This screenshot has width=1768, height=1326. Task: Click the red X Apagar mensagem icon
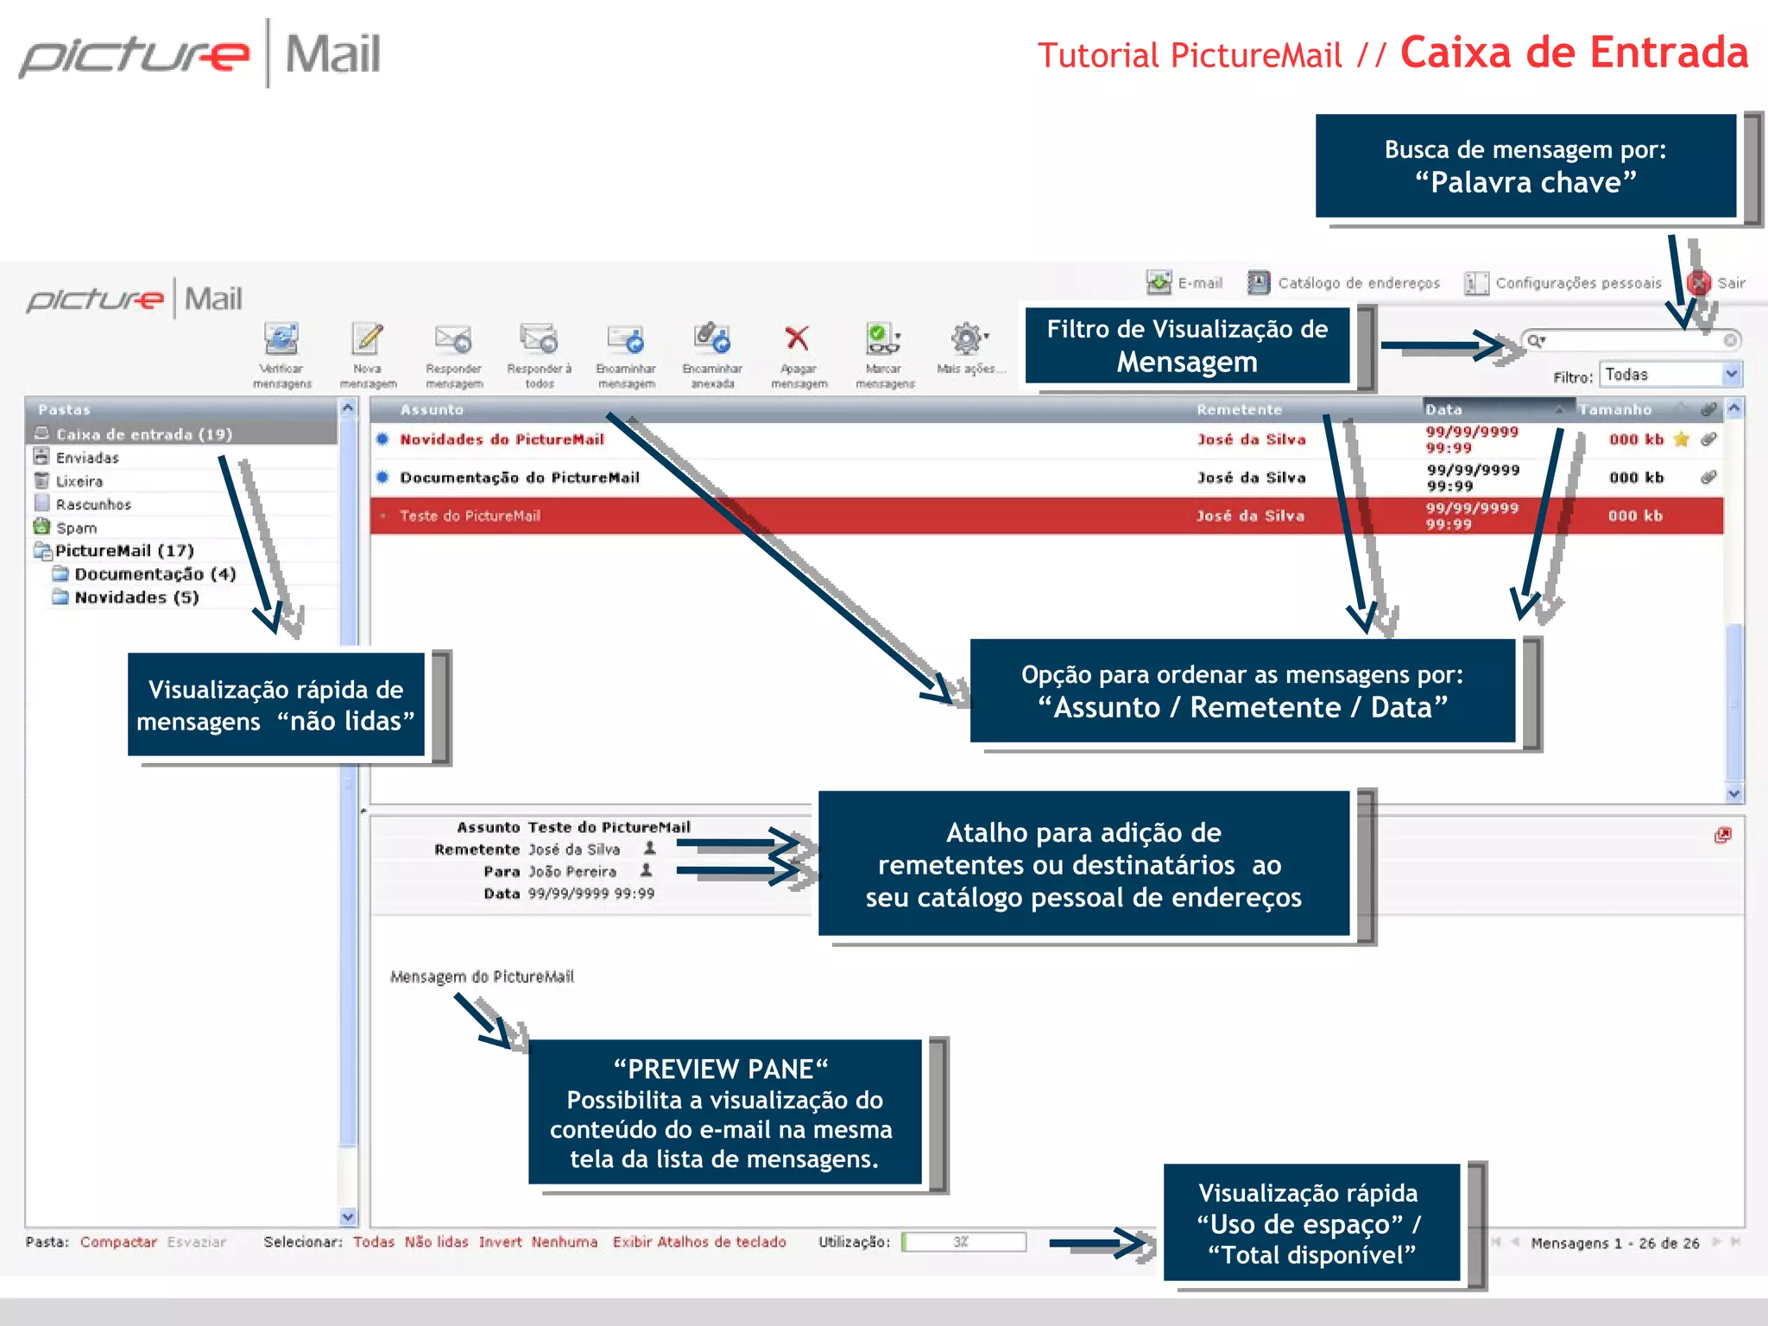tap(797, 339)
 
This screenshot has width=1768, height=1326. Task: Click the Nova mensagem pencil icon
tap(368, 339)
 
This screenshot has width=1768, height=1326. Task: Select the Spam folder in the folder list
tap(76, 528)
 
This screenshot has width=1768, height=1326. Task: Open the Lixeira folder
tap(79, 482)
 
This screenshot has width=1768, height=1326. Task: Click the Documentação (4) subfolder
tap(155, 574)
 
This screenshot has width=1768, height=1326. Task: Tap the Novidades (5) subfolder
tap(136, 597)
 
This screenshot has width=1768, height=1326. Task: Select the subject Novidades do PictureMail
tap(502, 439)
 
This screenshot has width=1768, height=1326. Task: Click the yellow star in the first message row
tap(1680, 439)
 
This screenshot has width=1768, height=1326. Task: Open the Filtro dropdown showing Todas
tap(1670, 375)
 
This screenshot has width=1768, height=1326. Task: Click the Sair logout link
tap(1730, 283)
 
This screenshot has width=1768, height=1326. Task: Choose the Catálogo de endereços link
tap(1358, 283)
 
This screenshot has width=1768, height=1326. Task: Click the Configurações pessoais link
tap(1577, 283)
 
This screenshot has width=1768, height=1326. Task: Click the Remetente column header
tap(1239, 410)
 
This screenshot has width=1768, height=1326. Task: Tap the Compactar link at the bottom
tap(118, 1242)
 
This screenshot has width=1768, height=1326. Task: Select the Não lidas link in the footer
tap(436, 1242)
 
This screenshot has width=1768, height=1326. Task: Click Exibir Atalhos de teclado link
tap(699, 1242)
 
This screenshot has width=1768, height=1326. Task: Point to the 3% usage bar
tap(963, 1242)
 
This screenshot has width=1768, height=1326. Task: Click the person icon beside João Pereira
tap(646, 870)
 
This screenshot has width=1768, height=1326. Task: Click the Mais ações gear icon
tap(967, 339)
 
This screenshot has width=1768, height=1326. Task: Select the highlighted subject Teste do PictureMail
tap(470, 516)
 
